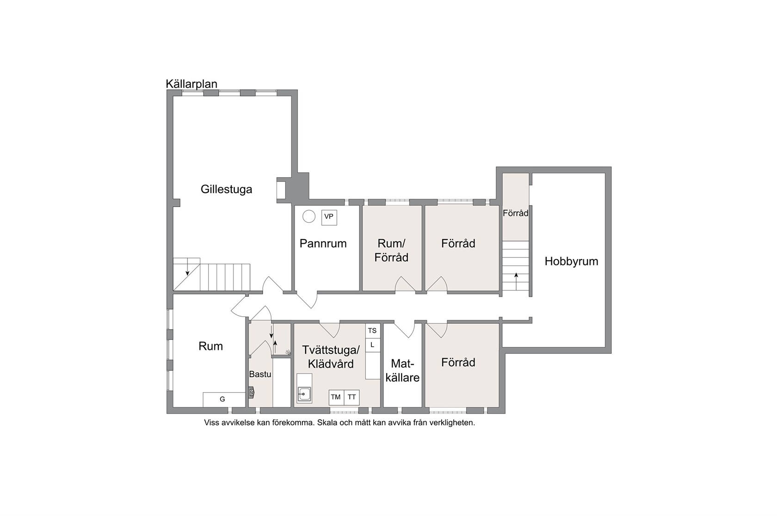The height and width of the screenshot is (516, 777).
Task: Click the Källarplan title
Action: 191,84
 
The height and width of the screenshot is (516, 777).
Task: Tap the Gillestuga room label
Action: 226,190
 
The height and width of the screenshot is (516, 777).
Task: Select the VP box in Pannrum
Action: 329,217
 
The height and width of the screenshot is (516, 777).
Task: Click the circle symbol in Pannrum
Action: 309,216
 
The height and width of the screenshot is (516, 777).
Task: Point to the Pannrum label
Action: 323,243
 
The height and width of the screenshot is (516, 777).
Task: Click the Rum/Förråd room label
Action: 391,251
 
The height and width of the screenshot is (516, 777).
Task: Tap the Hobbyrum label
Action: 571,261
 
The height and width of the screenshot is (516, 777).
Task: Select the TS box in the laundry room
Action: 373,331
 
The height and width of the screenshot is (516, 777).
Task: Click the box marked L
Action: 373,345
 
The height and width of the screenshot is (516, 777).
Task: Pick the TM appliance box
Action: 336,398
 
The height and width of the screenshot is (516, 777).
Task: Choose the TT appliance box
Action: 351,398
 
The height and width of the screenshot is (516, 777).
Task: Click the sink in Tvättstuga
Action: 304,394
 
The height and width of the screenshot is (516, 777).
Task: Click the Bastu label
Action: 260,374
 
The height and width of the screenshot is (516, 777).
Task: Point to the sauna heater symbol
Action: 251,392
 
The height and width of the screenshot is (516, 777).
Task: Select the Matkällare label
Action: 402,370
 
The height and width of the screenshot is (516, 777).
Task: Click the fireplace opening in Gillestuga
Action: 280,190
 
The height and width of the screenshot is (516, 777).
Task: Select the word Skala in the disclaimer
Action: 327,423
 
